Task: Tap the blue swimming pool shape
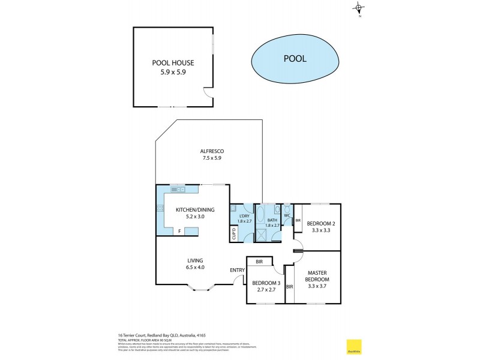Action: click(x=294, y=59)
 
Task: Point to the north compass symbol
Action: click(x=359, y=8)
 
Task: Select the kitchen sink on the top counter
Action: click(x=178, y=190)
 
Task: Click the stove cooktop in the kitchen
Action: click(x=161, y=209)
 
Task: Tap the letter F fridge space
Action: click(x=178, y=230)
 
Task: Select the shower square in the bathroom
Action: click(x=262, y=235)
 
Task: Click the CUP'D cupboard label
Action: click(x=233, y=233)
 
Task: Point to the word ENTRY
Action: click(x=237, y=270)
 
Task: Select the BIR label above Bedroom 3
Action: click(x=259, y=262)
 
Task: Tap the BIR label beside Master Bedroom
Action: click(x=289, y=287)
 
